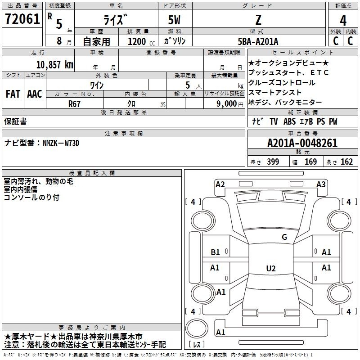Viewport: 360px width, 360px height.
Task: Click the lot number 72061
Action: tap(22, 19)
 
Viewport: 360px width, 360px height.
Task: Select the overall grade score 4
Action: tap(343, 21)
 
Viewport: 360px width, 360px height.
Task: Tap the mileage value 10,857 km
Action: tap(54, 65)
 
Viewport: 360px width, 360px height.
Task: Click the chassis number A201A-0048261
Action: tap(302, 143)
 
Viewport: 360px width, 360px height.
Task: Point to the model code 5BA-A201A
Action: tap(258, 41)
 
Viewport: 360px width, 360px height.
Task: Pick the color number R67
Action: tap(74, 104)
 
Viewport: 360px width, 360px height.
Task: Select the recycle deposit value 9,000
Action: tap(226, 104)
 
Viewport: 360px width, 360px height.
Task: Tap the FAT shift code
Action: tap(13, 94)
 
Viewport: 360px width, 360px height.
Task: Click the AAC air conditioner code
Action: tap(35, 94)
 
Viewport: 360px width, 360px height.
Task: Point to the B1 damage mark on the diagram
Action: tap(215, 252)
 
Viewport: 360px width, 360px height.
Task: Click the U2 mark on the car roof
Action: tap(271, 268)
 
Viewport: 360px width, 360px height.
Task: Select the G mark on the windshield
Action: tap(284, 237)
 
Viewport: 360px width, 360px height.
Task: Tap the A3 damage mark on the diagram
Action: tap(321, 184)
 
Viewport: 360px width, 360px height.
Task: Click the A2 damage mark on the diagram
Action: tap(220, 184)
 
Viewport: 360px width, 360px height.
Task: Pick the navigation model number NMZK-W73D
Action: tap(61, 143)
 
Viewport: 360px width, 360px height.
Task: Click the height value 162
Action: tap(346, 162)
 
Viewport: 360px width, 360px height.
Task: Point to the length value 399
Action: tap(273, 162)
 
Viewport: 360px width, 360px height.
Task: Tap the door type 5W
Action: tap(174, 20)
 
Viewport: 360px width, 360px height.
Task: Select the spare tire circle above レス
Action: tap(197, 328)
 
